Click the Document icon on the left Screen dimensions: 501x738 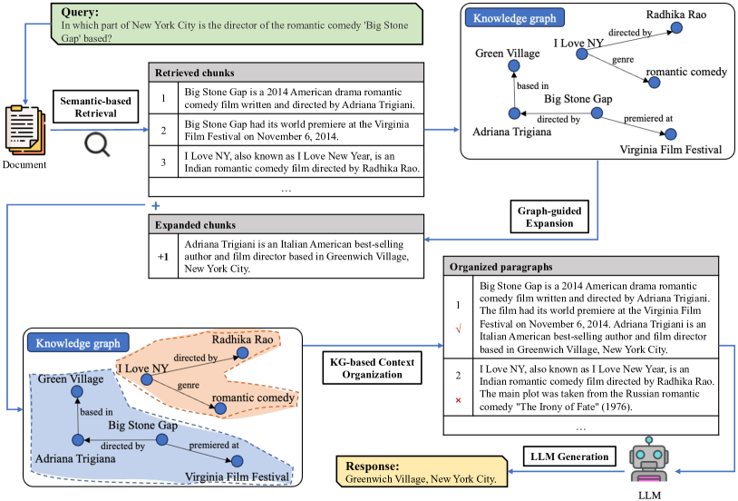tap(25, 130)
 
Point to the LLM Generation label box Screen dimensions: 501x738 tap(570, 455)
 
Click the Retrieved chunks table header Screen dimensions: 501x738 tap(286, 72)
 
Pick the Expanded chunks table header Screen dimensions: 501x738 tap(286, 224)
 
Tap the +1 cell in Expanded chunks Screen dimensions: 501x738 tap(162, 257)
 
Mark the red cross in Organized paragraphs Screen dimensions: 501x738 tap(459, 399)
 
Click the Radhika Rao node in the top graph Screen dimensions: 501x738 tap(675, 30)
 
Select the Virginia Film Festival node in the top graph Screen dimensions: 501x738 tap(672, 133)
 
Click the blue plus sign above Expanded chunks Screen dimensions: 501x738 tap(155, 206)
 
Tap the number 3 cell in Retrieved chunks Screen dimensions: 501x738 tap(162, 162)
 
